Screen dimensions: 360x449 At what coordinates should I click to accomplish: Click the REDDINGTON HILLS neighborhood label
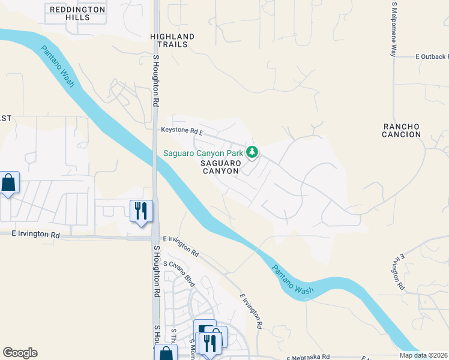[78, 13]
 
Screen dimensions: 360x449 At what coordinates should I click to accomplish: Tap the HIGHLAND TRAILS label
[172, 41]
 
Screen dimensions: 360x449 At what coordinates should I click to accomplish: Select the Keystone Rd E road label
[182, 130]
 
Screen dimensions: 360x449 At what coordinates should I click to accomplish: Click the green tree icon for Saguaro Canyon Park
[253, 153]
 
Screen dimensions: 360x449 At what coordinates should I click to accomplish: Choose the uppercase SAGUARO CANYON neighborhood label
[220, 167]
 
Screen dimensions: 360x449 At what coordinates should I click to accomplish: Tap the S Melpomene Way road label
[394, 29]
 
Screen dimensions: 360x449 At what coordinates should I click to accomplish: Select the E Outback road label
[431, 57]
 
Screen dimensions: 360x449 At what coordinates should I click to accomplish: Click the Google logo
[20, 353]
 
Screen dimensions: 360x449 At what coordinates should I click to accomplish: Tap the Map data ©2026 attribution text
[424, 355]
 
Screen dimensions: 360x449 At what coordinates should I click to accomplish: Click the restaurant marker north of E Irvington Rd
[141, 212]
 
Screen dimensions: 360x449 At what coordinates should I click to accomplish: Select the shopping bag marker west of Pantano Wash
[9, 183]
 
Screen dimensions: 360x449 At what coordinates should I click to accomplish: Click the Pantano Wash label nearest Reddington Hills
[58, 67]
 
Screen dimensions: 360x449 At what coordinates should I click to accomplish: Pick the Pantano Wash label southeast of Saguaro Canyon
[292, 280]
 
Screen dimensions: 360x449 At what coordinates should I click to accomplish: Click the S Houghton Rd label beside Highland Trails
[155, 82]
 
